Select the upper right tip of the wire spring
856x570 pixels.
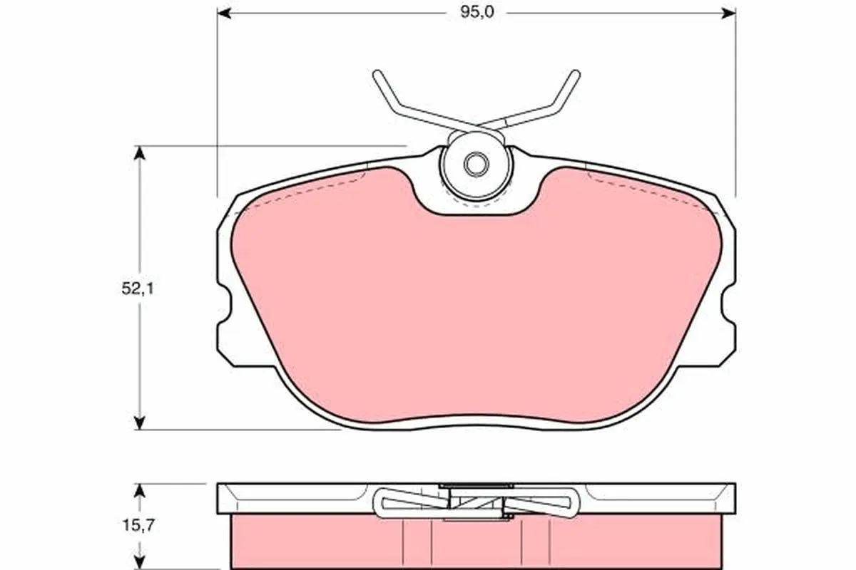(x=575, y=73)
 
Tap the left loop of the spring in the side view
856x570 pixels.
(x=389, y=503)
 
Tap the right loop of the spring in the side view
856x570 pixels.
(x=564, y=503)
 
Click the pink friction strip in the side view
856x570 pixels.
(x=321, y=541)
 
